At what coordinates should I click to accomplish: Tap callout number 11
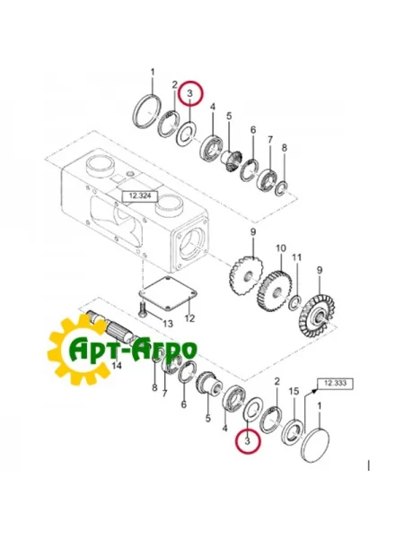tap(297, 257)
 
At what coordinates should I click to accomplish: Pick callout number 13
tap(168, 323)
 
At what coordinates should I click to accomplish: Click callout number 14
tap(115, 366)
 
